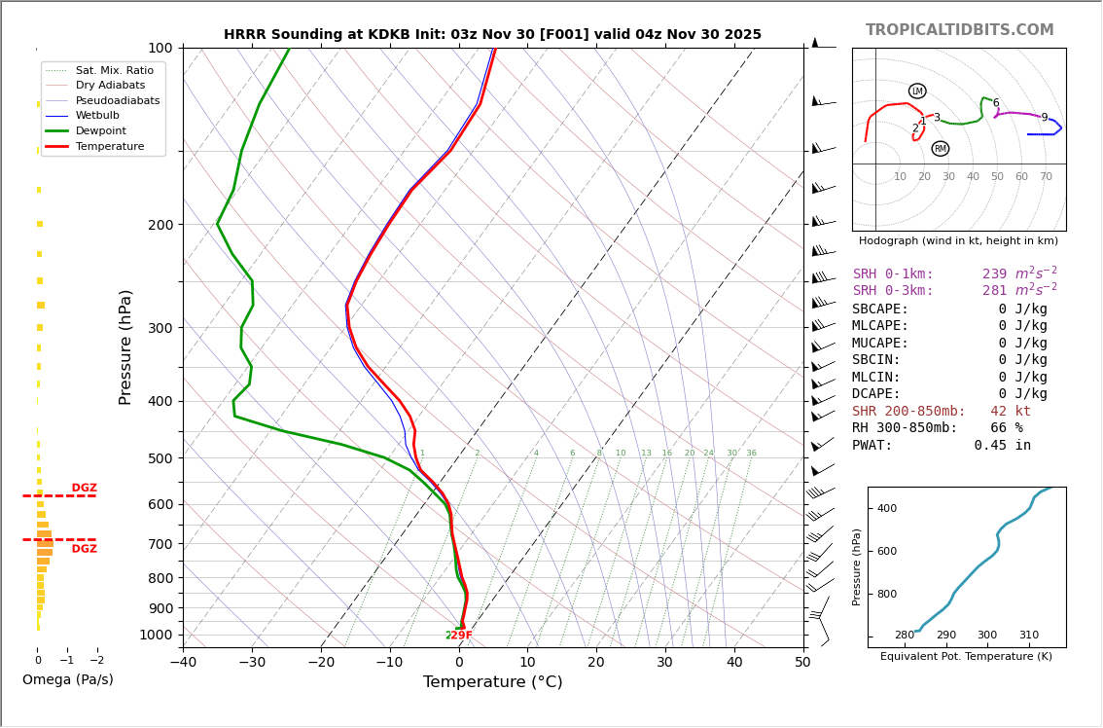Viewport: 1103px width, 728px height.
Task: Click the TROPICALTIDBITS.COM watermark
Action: point(959,30)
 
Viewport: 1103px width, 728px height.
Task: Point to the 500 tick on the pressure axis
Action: point(160,458)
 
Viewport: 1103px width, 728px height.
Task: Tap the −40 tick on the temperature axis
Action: point(183,663)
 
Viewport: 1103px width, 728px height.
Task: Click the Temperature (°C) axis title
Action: point(492,682)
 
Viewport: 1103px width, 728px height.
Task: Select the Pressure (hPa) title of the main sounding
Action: point(125,346)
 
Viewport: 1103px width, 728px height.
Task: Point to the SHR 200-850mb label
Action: point(908,412)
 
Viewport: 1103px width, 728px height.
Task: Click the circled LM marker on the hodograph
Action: point(917,91)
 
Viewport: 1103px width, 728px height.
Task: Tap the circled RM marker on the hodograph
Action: point(940,149)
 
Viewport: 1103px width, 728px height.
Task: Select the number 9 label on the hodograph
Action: point(1045,118)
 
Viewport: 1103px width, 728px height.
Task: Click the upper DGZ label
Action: point(84,489)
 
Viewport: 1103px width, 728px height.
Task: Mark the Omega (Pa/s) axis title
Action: point(67,679)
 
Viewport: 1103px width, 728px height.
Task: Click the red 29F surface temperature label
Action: point(460,636)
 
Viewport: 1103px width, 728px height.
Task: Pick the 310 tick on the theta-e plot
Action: point(1028,636)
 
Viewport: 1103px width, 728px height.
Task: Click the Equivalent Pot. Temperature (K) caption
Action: point(966,657)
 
